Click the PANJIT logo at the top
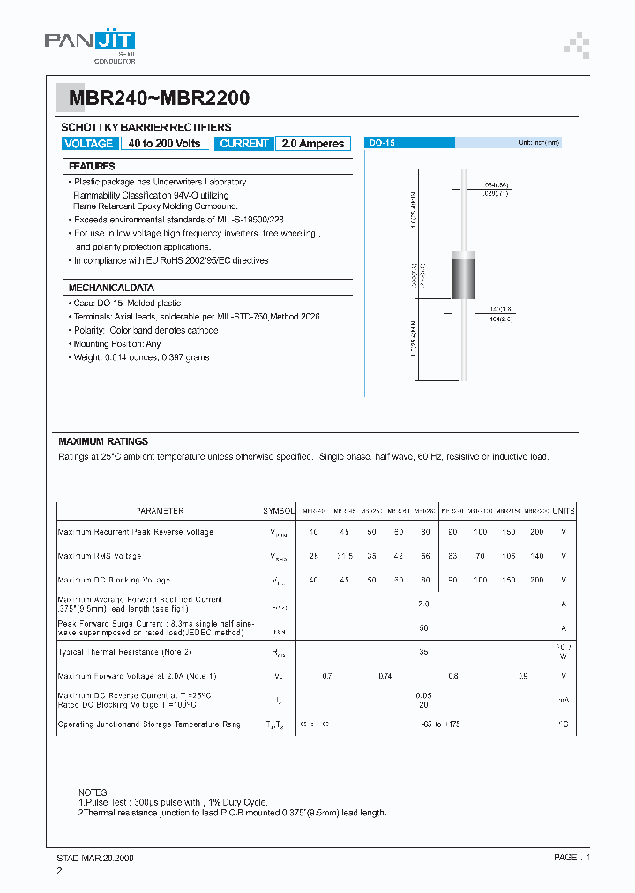90,41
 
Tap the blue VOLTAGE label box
89,144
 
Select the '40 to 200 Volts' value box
164,144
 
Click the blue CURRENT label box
245,144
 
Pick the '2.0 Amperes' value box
313,144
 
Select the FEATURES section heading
93,166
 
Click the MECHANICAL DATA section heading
111,288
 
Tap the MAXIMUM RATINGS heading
103,441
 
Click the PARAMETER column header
160,511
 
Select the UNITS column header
563,511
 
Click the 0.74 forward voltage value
385,676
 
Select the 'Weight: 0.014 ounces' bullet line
141,357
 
